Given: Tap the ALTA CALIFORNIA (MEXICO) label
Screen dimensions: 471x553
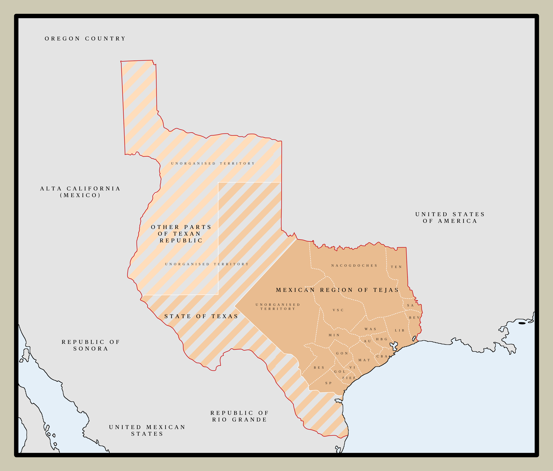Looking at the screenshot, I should coord(80,192).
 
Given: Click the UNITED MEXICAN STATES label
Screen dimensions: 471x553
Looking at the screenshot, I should coord(147,430).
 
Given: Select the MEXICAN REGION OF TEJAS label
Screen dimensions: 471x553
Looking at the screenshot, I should coord(337,290).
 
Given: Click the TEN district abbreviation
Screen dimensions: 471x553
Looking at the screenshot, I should coord(396,267).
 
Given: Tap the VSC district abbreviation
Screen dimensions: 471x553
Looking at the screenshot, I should coord(338,310).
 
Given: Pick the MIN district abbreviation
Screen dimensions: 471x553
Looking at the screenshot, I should coord(334,335).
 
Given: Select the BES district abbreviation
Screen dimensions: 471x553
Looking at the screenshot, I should coord(319,368).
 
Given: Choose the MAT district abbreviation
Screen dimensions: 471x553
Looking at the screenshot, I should coord(364,360).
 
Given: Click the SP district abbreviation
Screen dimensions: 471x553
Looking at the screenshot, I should coord(328,383).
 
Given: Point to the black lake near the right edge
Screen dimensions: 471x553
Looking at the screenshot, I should coord(522,323).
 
